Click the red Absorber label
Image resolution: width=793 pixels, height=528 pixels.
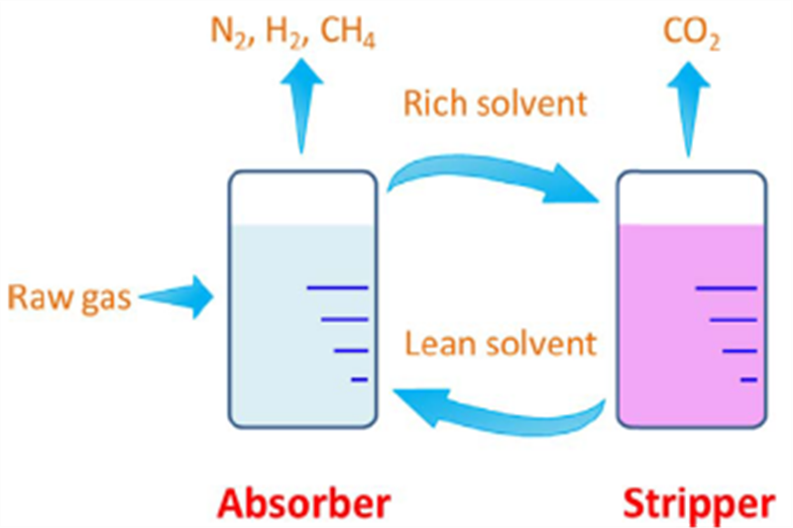pos(300,503)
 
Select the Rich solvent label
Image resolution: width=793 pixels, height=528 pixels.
pos(496,103)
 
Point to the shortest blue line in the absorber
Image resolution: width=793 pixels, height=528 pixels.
pos(359,378)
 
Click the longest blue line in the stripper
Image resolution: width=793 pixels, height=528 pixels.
pos(727,288)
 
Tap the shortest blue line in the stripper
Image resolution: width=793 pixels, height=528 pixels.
pos(748,378)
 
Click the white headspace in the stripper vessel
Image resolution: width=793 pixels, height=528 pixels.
pos(691,200)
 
